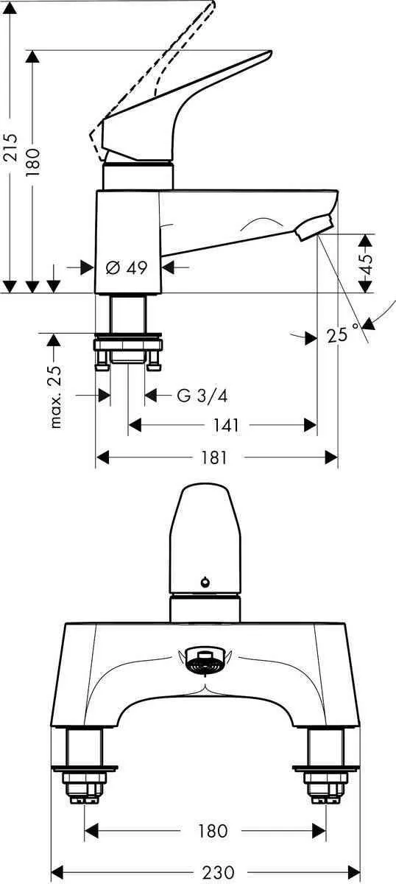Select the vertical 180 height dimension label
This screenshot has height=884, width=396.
tap(34, 162)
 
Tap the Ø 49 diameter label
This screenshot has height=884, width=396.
tap(127, 268)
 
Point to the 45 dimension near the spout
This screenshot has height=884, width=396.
tap(366, 259)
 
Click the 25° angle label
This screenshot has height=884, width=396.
tap(343, 334)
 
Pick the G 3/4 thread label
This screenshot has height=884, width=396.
tap(202, 395)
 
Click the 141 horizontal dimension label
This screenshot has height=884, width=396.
tap(226, 426)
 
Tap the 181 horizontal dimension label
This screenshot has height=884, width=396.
tap(214, 457)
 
